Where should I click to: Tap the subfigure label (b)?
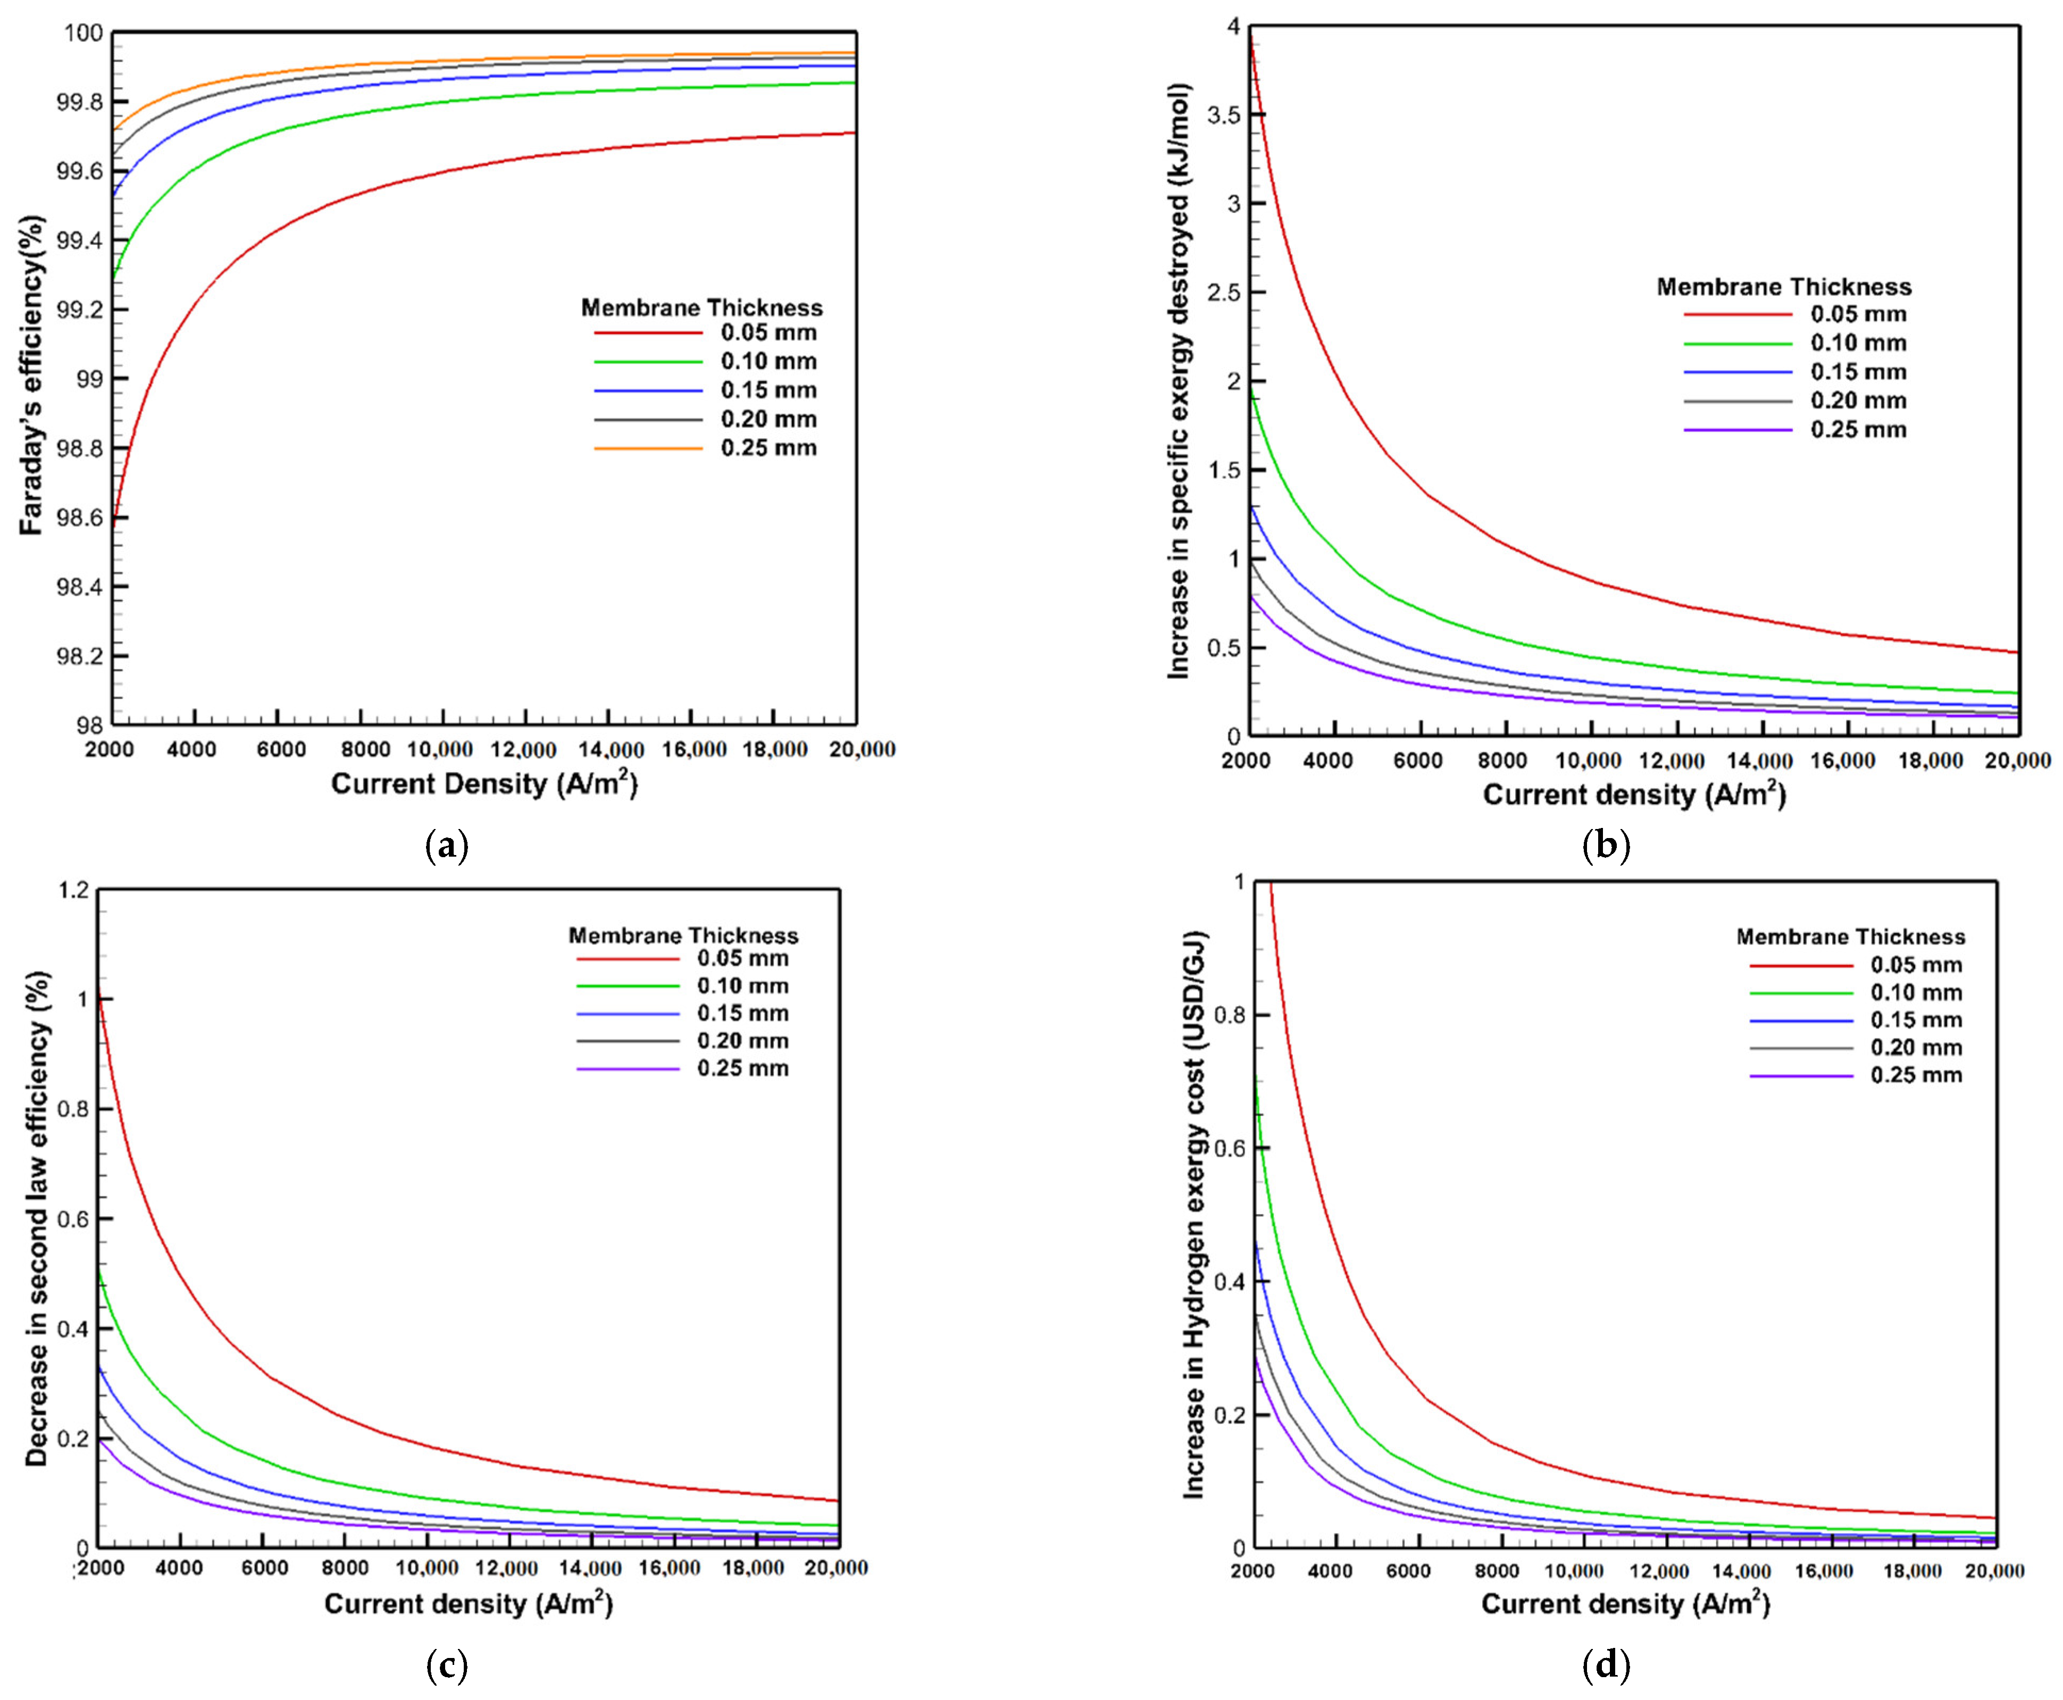pyautogui.click(x=1606, y=844)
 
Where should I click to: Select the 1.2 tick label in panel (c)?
pyautogui.click(x=73, y=890)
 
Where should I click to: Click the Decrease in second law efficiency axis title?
pyautogui.click(x=36, y=1219)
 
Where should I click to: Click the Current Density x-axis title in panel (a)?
pyautogui.click(x=484, y=784)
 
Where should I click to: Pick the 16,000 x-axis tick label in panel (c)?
pyautogui.click(x=669, y=1568)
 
